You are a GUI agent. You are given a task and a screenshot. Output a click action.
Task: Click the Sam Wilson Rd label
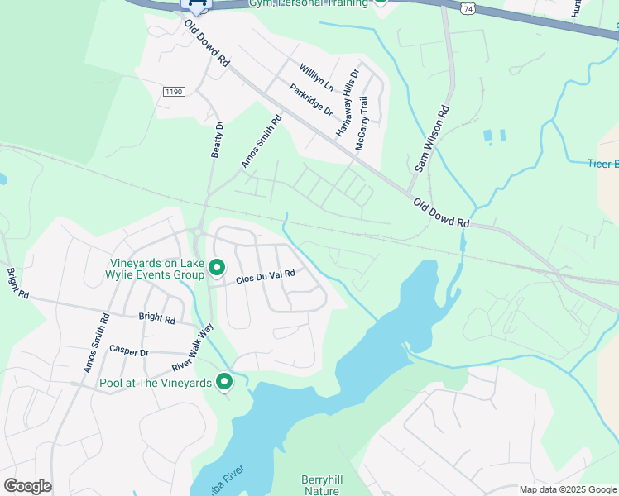pyautogui.click(x=433, y=138)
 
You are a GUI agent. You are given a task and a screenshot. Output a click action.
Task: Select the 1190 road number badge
pyautogui.click(x=173, y=92)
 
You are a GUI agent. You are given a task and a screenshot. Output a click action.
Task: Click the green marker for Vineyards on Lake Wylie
pyautogui.click(x=217, y=268)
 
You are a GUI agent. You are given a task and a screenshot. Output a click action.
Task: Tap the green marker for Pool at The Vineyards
pyautogui.click(x=223, y=382)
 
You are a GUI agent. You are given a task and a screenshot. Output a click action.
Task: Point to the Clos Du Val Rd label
pyautogui.click(x=266, y=277)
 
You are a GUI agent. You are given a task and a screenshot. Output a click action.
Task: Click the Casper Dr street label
pyautogui.click(x=129, y=351)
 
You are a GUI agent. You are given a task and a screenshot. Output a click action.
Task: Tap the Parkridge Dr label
pyautogui.click(x=311, y=100)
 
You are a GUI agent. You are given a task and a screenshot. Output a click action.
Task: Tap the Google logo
pyautogui.click(x=27, y=486)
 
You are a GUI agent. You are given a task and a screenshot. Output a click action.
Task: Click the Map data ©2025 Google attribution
pyautogui.click(x=568, y=489)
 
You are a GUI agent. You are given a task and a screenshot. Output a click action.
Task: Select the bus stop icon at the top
pyautogui.click(x=196, y=4)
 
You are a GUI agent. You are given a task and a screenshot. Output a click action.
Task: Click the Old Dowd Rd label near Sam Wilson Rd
pyautogui.click(x=442, y=213)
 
